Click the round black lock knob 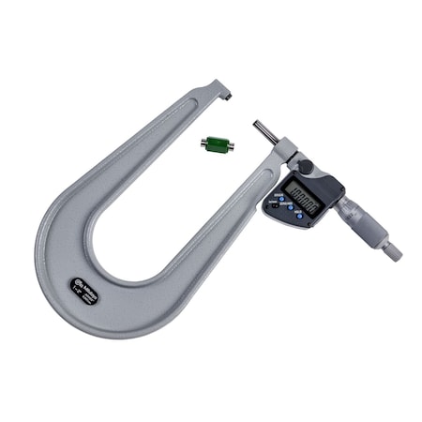(305, 167)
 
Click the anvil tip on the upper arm (229, 96)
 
